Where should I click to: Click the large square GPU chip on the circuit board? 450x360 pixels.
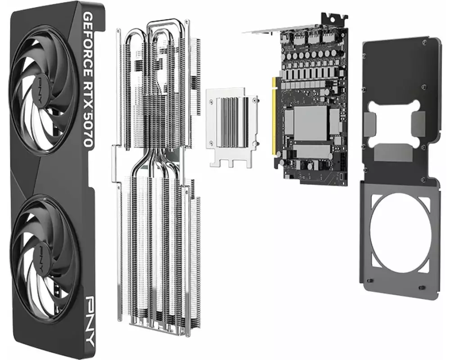click(x=310, y=123)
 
